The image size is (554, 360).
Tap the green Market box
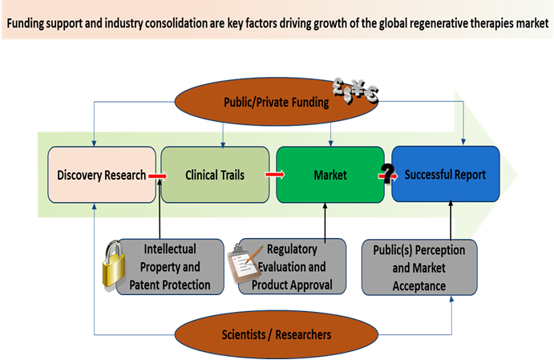(x=330, y=174)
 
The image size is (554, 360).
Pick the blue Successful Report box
(x=445, y=174)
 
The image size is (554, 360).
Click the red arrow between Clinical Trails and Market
(x=274, y=173)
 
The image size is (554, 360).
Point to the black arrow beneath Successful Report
(x=451, y=220)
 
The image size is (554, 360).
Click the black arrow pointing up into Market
(x=326, y=220)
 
